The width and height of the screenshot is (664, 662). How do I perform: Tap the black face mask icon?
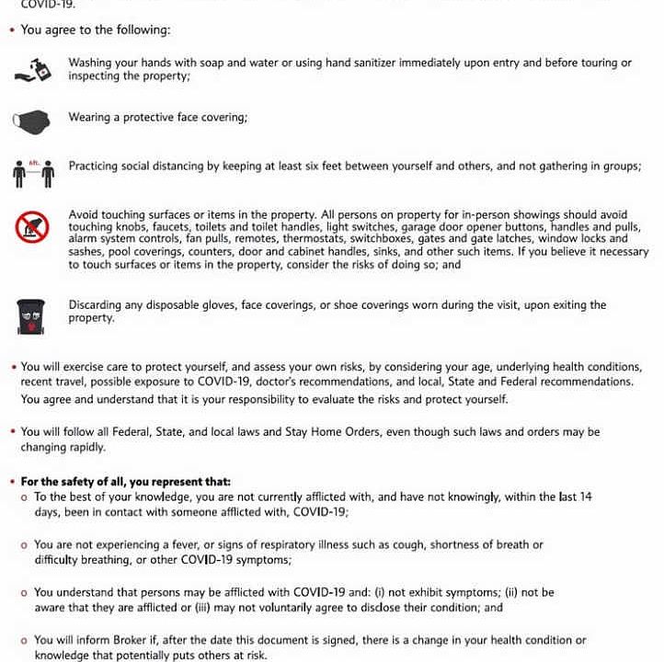click(x=31, y=120)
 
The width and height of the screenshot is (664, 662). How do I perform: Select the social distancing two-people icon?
click(x=33, y=172)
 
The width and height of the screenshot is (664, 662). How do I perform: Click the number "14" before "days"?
click(x=585, y=496)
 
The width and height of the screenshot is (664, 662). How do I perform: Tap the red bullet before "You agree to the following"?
click(x=12, y=30)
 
